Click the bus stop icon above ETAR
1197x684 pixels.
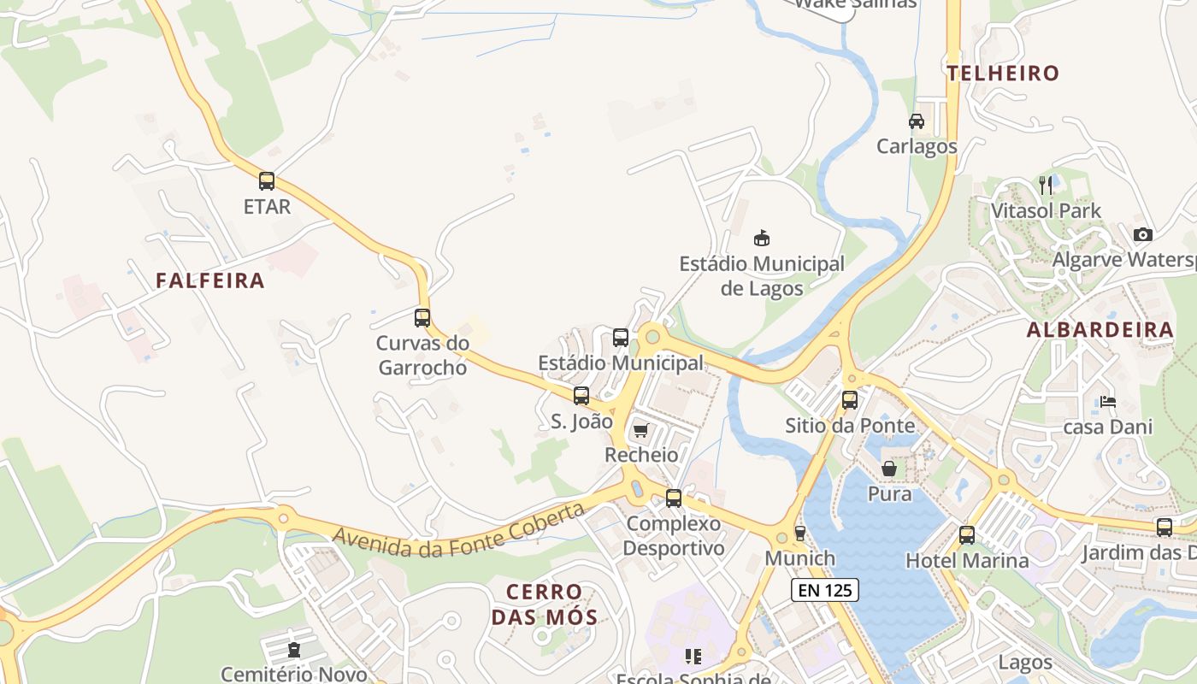267,181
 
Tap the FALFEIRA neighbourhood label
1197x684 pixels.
210,280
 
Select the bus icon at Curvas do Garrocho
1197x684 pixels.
422,318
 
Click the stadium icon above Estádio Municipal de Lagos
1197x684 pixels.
761,238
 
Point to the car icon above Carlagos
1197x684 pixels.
917,121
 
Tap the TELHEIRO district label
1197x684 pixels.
1004,74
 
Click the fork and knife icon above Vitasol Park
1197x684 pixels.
1045,184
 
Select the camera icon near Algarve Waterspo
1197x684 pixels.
1142,234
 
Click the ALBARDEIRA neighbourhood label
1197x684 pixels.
1100,330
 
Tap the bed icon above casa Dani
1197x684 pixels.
1108,401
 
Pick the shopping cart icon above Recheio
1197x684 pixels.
641,430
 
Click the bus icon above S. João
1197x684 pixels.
581,396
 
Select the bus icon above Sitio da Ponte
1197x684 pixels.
849,399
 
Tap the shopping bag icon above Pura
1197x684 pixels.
889,469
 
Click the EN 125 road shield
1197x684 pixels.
824,589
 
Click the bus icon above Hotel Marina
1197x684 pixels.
967,535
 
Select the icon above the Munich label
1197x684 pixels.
800,533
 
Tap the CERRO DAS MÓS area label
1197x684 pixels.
544,604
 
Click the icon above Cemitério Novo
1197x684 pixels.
295,651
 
